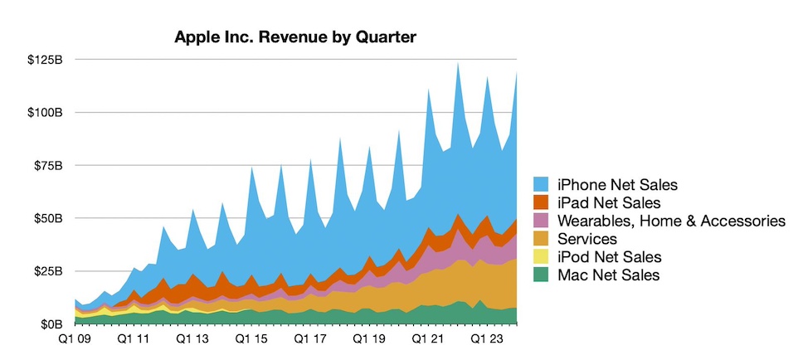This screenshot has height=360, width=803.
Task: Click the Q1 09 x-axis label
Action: click(75, 339)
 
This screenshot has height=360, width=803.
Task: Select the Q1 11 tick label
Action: click(133, 339)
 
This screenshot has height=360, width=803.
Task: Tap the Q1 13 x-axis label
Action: click(192, 339)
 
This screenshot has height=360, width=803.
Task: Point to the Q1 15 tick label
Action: click(251, 339)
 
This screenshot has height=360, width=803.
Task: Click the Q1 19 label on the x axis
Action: click(369, 339)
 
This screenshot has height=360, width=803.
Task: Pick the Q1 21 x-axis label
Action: click(429, 339)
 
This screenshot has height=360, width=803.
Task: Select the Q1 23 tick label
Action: click(488, 339)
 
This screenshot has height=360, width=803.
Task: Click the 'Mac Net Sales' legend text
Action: click(607, 275)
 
